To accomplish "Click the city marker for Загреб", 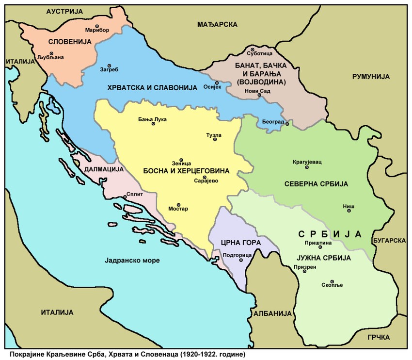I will (109, 65).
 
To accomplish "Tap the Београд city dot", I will (287, 124).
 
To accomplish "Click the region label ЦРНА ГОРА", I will (241, 242).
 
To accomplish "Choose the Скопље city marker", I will (332, 281).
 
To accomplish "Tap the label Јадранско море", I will (132, 261).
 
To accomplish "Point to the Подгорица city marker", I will (241, 260).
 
